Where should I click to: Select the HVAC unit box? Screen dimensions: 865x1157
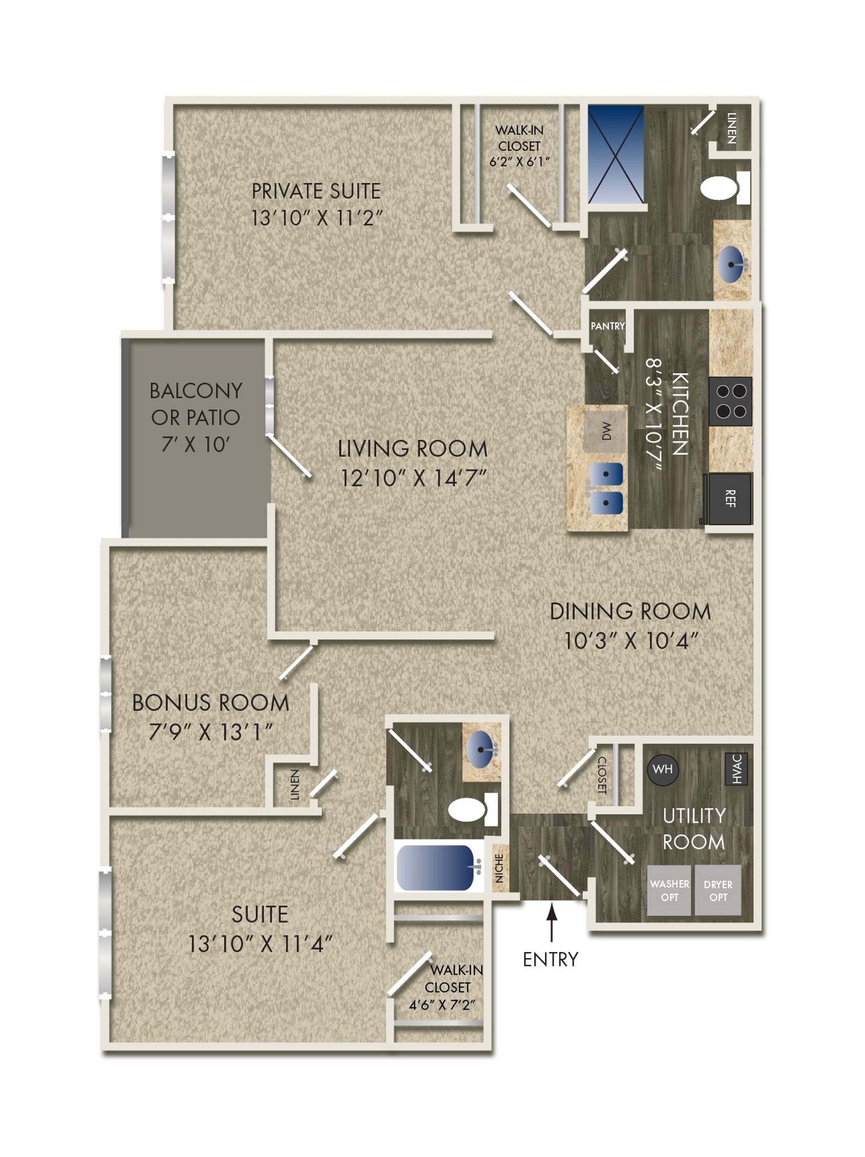(x=736, y=768)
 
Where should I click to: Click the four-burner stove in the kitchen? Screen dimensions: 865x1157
(x=731, y=401)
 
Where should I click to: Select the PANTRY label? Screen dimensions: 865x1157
(x=607, y=326)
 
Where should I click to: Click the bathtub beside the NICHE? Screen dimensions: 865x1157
(x=438, y=868)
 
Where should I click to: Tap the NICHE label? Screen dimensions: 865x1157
(x=499, y=868)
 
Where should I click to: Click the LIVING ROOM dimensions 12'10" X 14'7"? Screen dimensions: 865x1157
(x=413, y=478)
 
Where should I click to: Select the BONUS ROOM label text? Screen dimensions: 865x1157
(x=210, y=702)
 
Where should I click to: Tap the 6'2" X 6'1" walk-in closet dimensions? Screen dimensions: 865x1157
(x=520, y=162)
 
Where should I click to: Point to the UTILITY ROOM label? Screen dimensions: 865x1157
(x=694, y=829)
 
